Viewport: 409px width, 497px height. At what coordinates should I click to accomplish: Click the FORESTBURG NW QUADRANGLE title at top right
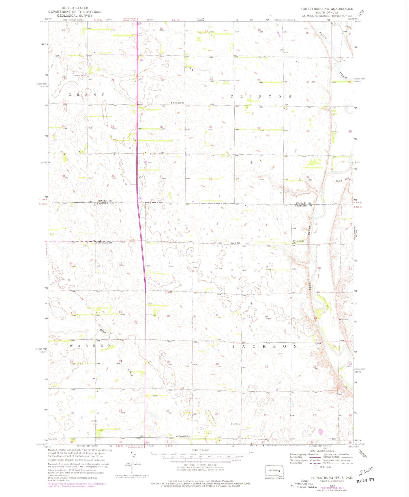pos(327,9)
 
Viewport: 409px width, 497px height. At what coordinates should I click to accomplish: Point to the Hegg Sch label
pos(235,243)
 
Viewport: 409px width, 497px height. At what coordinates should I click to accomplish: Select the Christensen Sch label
pos(104,243)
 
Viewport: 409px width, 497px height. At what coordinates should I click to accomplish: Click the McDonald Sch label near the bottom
pos(182,437)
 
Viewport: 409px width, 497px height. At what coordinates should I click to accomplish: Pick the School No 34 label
pos(177,103)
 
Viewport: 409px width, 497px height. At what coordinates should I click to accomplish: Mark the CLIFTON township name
pos(261,96)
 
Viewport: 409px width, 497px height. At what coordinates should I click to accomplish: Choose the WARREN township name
pos(91,346)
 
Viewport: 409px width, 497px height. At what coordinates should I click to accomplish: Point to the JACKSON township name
pos(264,346)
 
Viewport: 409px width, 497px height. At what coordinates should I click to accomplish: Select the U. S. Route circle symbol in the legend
pos(315,467)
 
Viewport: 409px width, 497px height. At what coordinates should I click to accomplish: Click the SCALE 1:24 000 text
pos(200,450)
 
